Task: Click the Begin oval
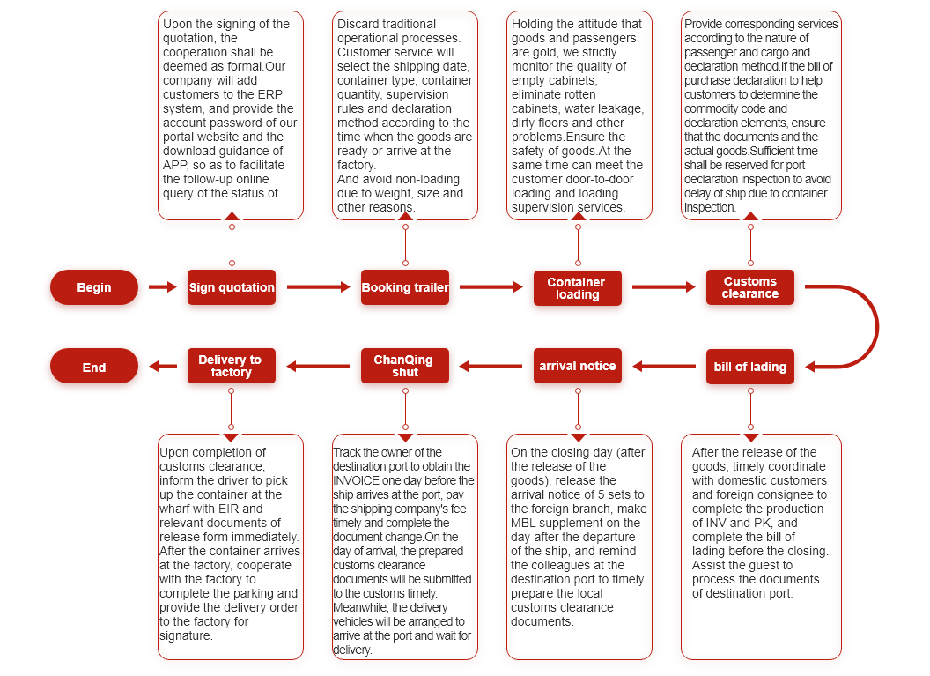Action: [x=94, y=287]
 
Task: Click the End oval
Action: [x=94, y=367]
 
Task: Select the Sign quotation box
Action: [x=232, y=287]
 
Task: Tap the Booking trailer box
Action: [x=405, y=287]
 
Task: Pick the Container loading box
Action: [x=577, y=288]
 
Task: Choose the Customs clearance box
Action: [x=750, y=287]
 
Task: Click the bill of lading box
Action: [x=750, y=367]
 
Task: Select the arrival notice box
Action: [x=577, y=366]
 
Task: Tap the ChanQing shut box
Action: [x=404, y=366]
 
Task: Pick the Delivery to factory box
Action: [x=231, y=366]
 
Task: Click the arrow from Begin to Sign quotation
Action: [x=163, y=286]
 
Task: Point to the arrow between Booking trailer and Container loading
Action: [x=491, y=286]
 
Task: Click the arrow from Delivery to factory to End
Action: [x=163, y=366]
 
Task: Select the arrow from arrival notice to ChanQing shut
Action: [x=491, y=366]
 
